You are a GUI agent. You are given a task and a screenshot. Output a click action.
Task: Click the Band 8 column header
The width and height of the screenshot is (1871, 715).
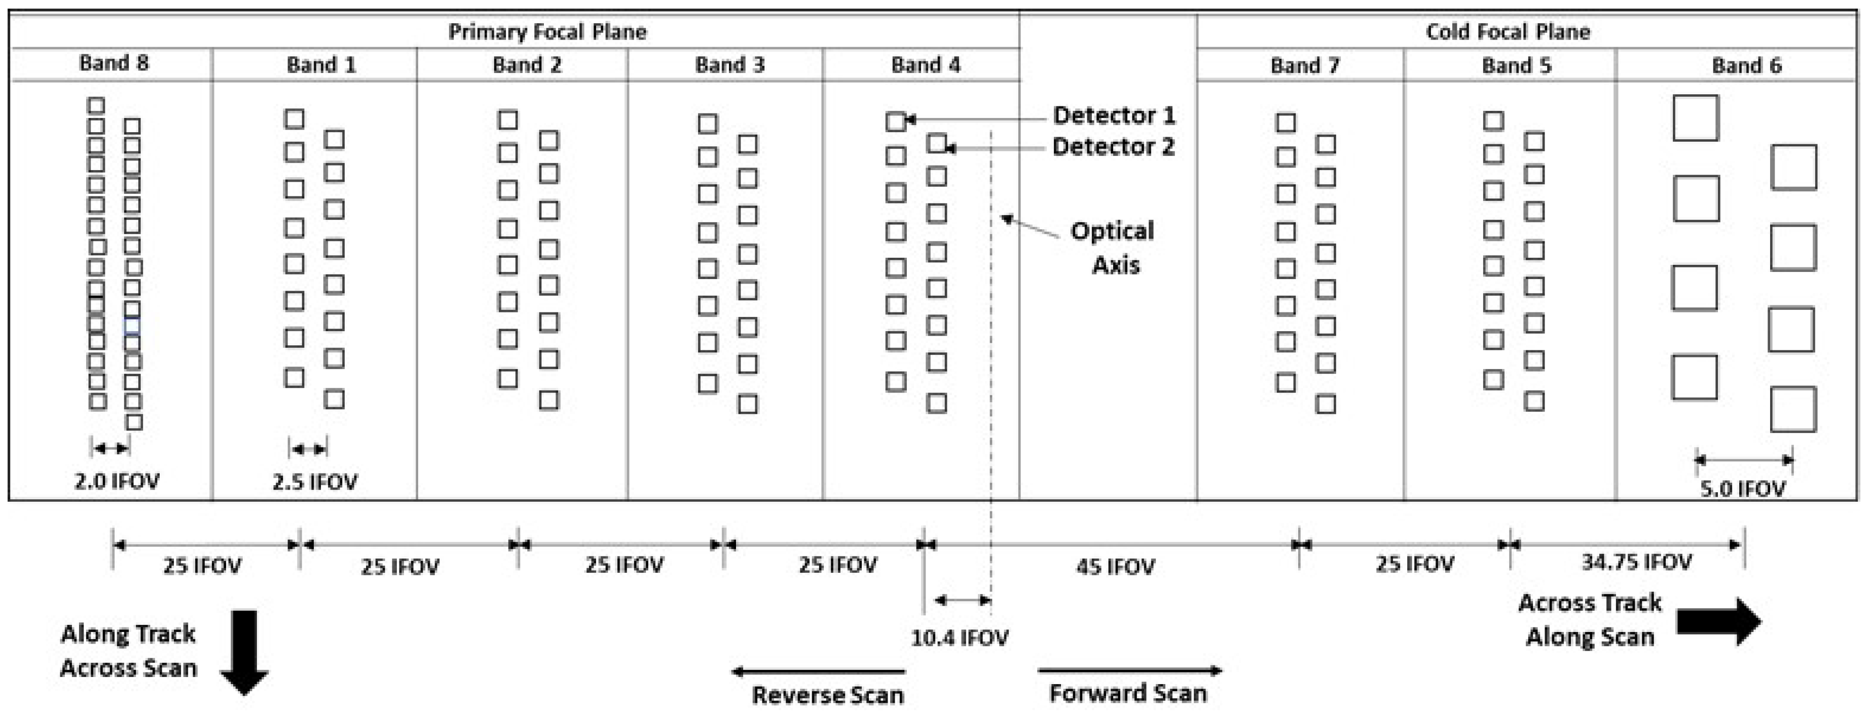click(x=114, y=63)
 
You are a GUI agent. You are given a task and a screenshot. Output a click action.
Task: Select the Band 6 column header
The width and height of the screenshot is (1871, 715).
click(x=1746, y=65)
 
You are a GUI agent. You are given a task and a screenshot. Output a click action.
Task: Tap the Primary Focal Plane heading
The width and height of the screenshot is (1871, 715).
click(x=547, y=31)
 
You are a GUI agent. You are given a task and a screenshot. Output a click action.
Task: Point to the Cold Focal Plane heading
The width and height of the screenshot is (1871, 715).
click(x=1508, y=31)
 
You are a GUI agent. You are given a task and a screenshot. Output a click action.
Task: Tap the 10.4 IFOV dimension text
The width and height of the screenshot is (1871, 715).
click(x=960, y=638)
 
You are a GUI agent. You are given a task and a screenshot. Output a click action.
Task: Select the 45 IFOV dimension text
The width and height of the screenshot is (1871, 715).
click(x=1115, y=566)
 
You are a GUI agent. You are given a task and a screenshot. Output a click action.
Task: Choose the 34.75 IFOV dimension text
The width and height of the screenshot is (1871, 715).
click(x=1636, y=561)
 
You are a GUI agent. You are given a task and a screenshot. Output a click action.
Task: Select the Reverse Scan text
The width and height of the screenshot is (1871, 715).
click(x=827, y=695)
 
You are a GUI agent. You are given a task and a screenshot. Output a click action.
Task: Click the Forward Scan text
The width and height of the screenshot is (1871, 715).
click(x=1128, y=693)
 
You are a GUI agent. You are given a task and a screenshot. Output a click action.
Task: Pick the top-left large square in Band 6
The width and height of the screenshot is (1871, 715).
click(x=1695, y=117)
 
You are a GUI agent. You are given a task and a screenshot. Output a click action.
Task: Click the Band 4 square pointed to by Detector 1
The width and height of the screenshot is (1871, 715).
click(x=896, y=121)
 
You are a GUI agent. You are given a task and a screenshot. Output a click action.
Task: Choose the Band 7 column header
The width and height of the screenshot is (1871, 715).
click(x=1304, y=65)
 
